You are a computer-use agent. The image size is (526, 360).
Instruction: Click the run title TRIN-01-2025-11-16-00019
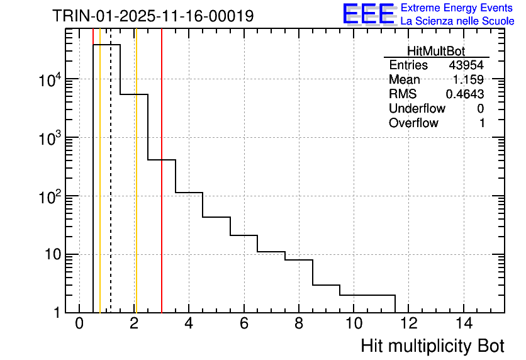[x=153, y=16]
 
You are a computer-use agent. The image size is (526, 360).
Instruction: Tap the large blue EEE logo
[x=369, y=14]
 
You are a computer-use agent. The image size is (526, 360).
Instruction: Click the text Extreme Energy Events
[x=457, y=8]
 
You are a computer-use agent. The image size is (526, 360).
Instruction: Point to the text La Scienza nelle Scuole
[x=457, y=21]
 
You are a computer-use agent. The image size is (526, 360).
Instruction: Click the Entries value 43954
[x=466, y=65]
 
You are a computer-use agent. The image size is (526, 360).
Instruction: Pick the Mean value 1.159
[x=469, y=80]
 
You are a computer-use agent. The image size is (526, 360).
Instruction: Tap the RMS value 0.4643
[x=465, y=94]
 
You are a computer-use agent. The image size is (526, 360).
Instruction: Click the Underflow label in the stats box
[x=417, y=109]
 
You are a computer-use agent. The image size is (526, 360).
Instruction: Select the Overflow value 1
[x=482, y=123]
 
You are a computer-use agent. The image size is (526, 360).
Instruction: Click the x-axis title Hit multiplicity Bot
[x=433, y=346]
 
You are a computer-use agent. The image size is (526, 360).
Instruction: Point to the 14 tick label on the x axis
[x=464, y=323]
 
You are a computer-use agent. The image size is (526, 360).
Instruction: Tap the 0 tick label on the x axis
[x=79, y=323]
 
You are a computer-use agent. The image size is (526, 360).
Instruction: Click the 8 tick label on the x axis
[x=299, y=323]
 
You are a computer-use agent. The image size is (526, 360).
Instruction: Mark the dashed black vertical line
[x=111, y=189]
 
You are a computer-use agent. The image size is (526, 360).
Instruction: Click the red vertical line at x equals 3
[x=162, y=189]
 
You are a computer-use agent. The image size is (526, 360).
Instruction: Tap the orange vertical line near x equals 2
[x=136, y=189]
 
